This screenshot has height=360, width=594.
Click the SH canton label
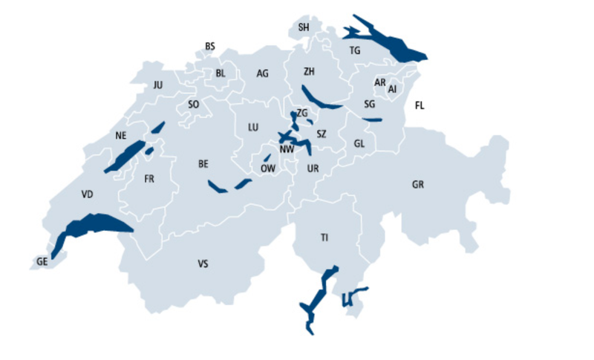click(303, 27)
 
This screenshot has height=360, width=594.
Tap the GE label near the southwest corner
click(42, 261)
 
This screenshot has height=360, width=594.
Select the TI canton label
click(324, 238)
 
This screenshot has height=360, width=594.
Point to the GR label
click(418, 184)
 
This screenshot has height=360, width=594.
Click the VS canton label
click(203, 264)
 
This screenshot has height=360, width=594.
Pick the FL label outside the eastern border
click(420, 105)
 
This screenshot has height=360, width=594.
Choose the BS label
click(210, 47)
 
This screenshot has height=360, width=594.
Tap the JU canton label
click(157, 85)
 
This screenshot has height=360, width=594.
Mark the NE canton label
click(121, 135)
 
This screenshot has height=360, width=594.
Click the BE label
click(203, 163)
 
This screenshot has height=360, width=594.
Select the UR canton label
click(313, 169)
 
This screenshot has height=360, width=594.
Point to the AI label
click(393, 89)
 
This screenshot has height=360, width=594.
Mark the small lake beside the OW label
click(267, 158)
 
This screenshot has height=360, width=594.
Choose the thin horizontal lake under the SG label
click(372, 119)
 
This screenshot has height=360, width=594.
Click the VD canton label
click(88, 194)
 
